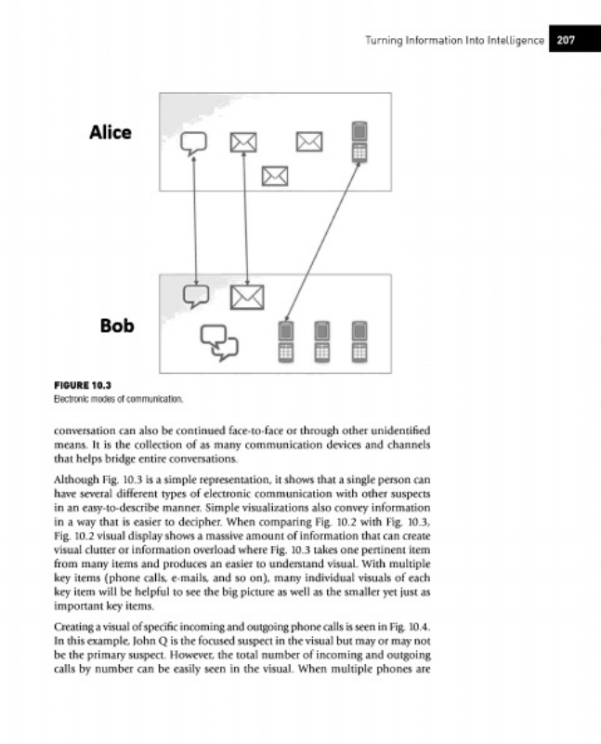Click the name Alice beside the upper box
(110, 132)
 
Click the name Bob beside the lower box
(117, 325)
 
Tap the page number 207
(567, 40)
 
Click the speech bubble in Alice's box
(193, 142)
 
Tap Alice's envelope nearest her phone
(309, 141)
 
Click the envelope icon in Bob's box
(247, 296)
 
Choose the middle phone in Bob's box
(321, 340)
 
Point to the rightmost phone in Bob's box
(359, 340)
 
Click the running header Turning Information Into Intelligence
(453, 40)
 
